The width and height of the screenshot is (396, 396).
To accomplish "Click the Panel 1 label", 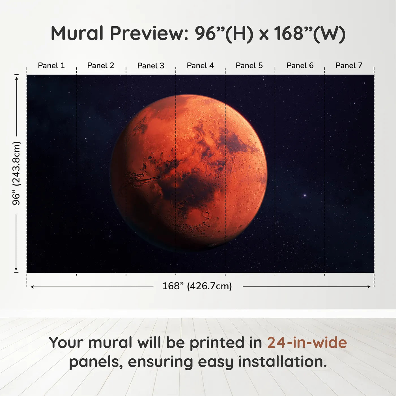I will [x=51, y=66].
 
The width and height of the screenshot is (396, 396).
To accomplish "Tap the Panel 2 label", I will [x=100, y=66].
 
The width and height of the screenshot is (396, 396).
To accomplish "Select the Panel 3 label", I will [x=150, y=66].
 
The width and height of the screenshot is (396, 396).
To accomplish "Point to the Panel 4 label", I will [x=200, y=66].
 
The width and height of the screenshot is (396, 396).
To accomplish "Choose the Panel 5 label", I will [x=249, y=66].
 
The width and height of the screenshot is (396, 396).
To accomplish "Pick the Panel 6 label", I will [x=300, y=66].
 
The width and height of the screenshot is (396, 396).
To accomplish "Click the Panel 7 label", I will [x=348, y=66].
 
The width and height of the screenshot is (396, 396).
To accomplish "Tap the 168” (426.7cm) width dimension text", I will [x=197, y=286].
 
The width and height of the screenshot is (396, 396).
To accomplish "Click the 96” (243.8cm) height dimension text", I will [x=16, y=173].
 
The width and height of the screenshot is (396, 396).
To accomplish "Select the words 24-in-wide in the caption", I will [x=307, y=343].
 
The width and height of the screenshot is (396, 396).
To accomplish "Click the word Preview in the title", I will [x=149, y=33].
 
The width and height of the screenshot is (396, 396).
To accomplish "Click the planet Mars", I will [x=189, y=173].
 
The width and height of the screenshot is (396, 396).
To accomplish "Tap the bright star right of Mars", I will [x=305, y=195].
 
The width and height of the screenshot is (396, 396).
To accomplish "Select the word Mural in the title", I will [x=77, y=33].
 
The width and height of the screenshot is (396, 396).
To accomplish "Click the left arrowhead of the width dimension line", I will [x=32, y=287].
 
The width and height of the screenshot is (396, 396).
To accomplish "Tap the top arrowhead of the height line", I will [x=16, y=77].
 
